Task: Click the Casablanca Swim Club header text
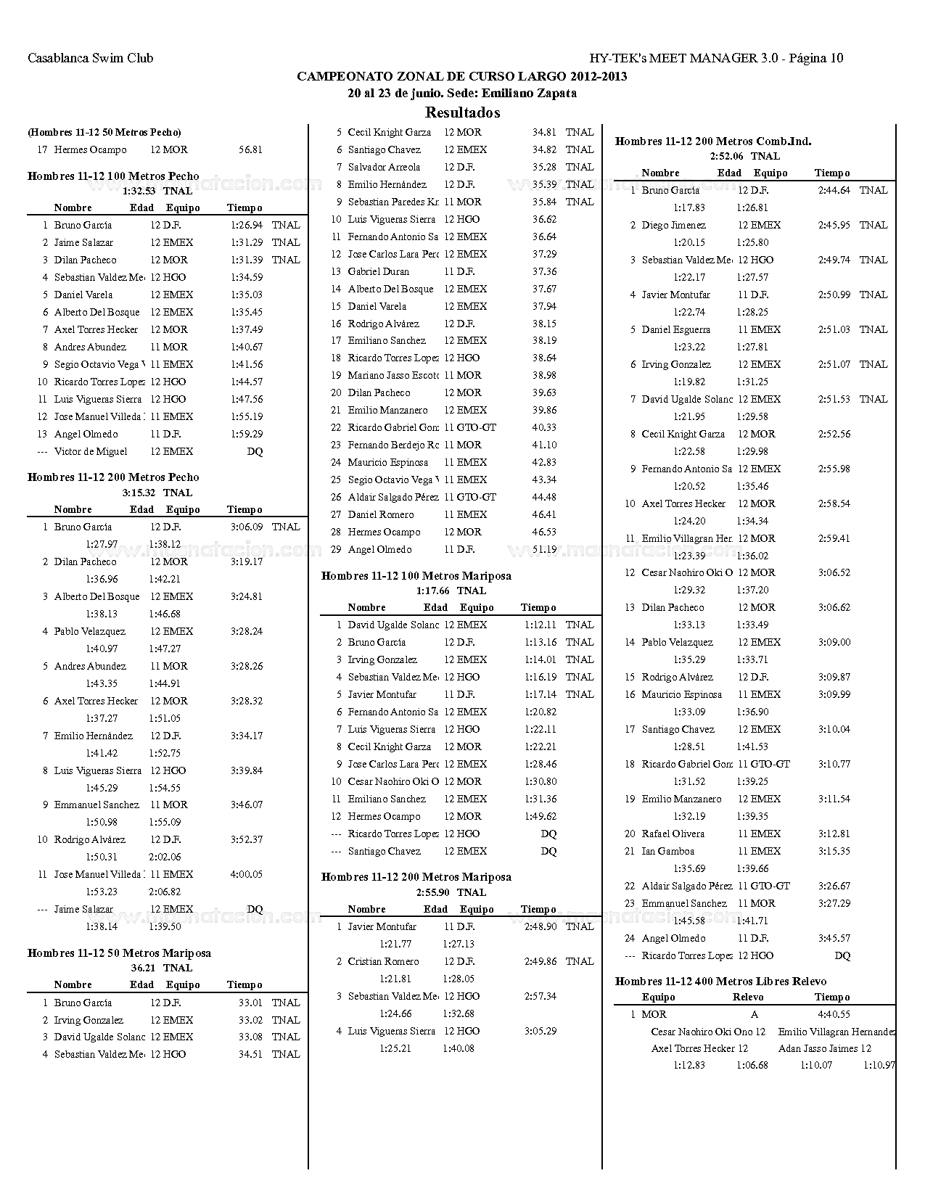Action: (x=90, y=58)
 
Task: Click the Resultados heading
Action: (x=462, y=112)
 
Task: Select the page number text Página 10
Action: (x=815, y=58)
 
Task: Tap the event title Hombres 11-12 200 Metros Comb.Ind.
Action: (x=712, y=141)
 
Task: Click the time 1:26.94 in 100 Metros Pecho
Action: (x=247, y=225)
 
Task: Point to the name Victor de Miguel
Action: (x=90, y=451)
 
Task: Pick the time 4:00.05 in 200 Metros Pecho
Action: (x=247, y=874)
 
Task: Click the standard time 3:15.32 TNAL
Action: (x=157, y=493)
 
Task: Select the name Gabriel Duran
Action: (x=378, y=271)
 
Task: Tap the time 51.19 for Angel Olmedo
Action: (x=544, y=549)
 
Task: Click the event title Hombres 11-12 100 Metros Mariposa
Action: (x=416, y=576)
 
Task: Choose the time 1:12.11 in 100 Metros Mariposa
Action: (x=540, y=625)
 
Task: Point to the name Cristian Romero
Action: (x=383, y=961)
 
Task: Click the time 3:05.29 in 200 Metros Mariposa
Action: (x=540, y=1031)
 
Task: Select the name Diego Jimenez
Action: (x=673, y=225)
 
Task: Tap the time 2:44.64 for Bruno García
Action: (x=834, y=190)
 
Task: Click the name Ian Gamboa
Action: (x=667, y=851)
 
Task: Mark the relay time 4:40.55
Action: (x=834, y=1014)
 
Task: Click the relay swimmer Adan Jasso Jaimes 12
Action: (x=824, y=1048)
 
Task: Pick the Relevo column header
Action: (x=748, y=997)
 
